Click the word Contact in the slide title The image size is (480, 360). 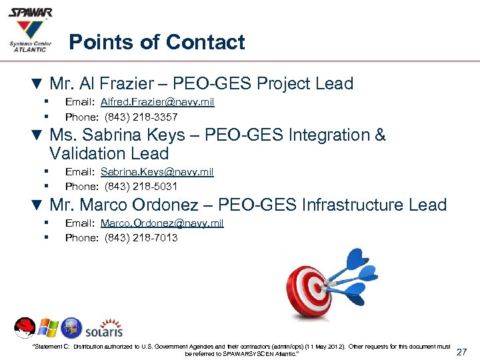click(x=205, y=43)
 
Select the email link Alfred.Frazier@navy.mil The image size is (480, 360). click(x=157, y=102)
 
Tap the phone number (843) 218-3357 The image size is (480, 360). click(x=141, y=117)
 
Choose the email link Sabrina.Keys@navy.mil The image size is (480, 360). click(x=157, y=172)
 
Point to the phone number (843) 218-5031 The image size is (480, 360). click(x=141, y=186)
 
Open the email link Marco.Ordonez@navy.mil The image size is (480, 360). click(x=162, y=223)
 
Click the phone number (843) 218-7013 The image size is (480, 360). click(x=141, y=237)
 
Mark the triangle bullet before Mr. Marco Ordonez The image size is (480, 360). click(x=37, y=205)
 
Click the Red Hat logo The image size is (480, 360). click(x=24, y=328)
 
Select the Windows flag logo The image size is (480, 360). click(x=48, y=328)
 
